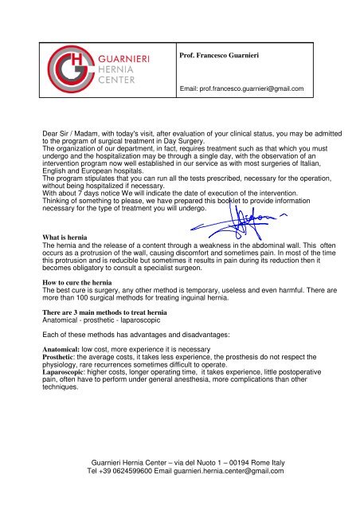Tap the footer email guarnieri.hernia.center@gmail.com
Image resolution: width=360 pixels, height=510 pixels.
coord(232,470)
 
